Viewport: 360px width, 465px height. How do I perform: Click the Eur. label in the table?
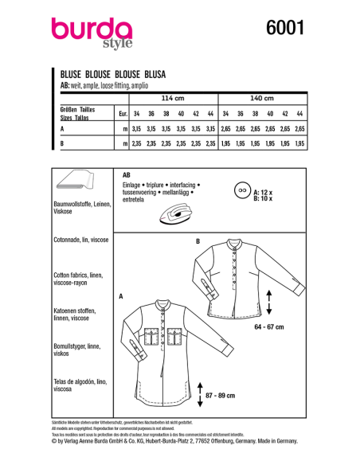click(122, 112)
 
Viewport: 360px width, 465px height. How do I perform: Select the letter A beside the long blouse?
click(120, 295)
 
